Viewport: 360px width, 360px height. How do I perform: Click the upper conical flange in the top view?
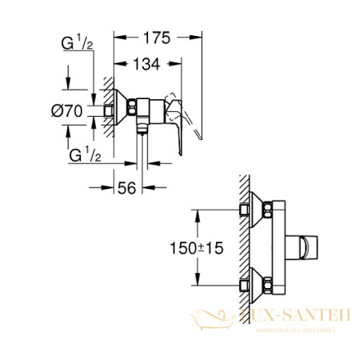258,210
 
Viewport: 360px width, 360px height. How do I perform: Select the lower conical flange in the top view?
258,282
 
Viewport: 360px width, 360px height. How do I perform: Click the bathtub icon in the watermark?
207,322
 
